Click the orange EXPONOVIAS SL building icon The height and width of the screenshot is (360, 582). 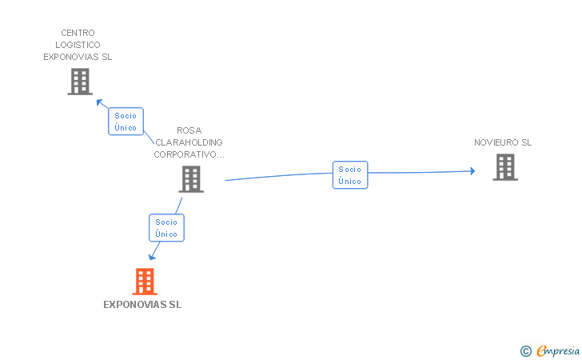pos(144,282)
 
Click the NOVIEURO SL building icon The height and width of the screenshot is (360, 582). pos(504,167)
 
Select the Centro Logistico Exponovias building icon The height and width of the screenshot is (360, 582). pos(80,82)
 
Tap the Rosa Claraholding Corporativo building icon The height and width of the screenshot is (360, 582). pos(191,179)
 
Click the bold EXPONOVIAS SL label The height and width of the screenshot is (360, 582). pos(142,305)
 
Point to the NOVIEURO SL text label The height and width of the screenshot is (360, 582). pos(502,143)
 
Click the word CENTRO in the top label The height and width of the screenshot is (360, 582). pos(78,34)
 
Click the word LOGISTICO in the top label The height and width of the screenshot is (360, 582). pos(78,46)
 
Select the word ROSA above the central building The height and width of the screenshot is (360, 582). pos(189,130)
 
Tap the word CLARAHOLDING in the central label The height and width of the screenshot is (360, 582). pos(189,142)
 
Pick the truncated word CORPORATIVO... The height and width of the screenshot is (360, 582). pos(189,154)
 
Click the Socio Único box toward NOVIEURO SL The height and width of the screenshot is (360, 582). pos(350,175)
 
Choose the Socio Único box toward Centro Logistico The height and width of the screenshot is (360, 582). pos(126,122)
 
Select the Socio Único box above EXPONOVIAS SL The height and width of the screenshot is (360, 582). pos(166,228)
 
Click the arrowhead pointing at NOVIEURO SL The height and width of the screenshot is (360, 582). pos(472,171)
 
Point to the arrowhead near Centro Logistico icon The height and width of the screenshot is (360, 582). pos(100,102)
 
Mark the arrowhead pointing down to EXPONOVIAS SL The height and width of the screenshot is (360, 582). pos(151,256)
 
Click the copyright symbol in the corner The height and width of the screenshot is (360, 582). pos(525,350)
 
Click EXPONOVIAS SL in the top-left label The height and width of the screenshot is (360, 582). pos(78,58)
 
